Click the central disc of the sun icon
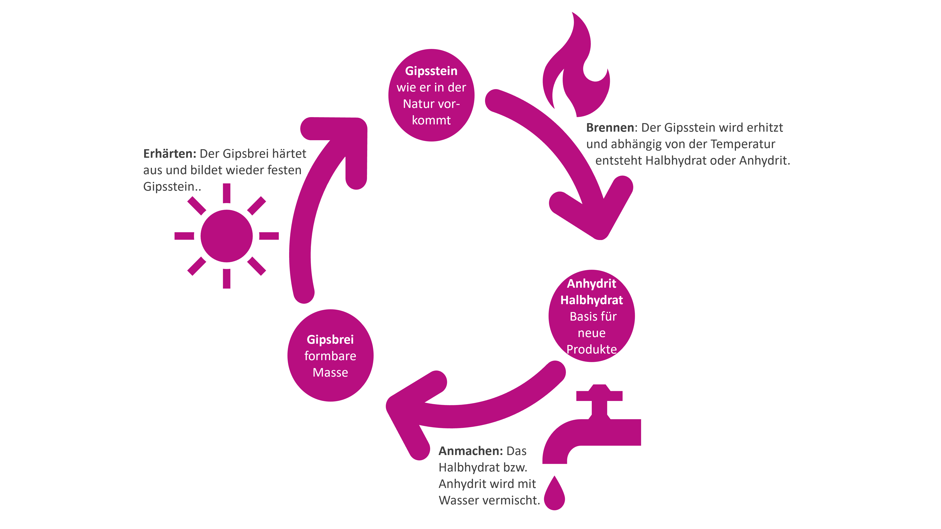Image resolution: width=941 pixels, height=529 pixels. coord(226,236)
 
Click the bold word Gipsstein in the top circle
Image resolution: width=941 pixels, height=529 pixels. coord(431,71)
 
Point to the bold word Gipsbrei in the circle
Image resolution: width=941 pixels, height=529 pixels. coord(330,340)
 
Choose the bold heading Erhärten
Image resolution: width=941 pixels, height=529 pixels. coord(170,154)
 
